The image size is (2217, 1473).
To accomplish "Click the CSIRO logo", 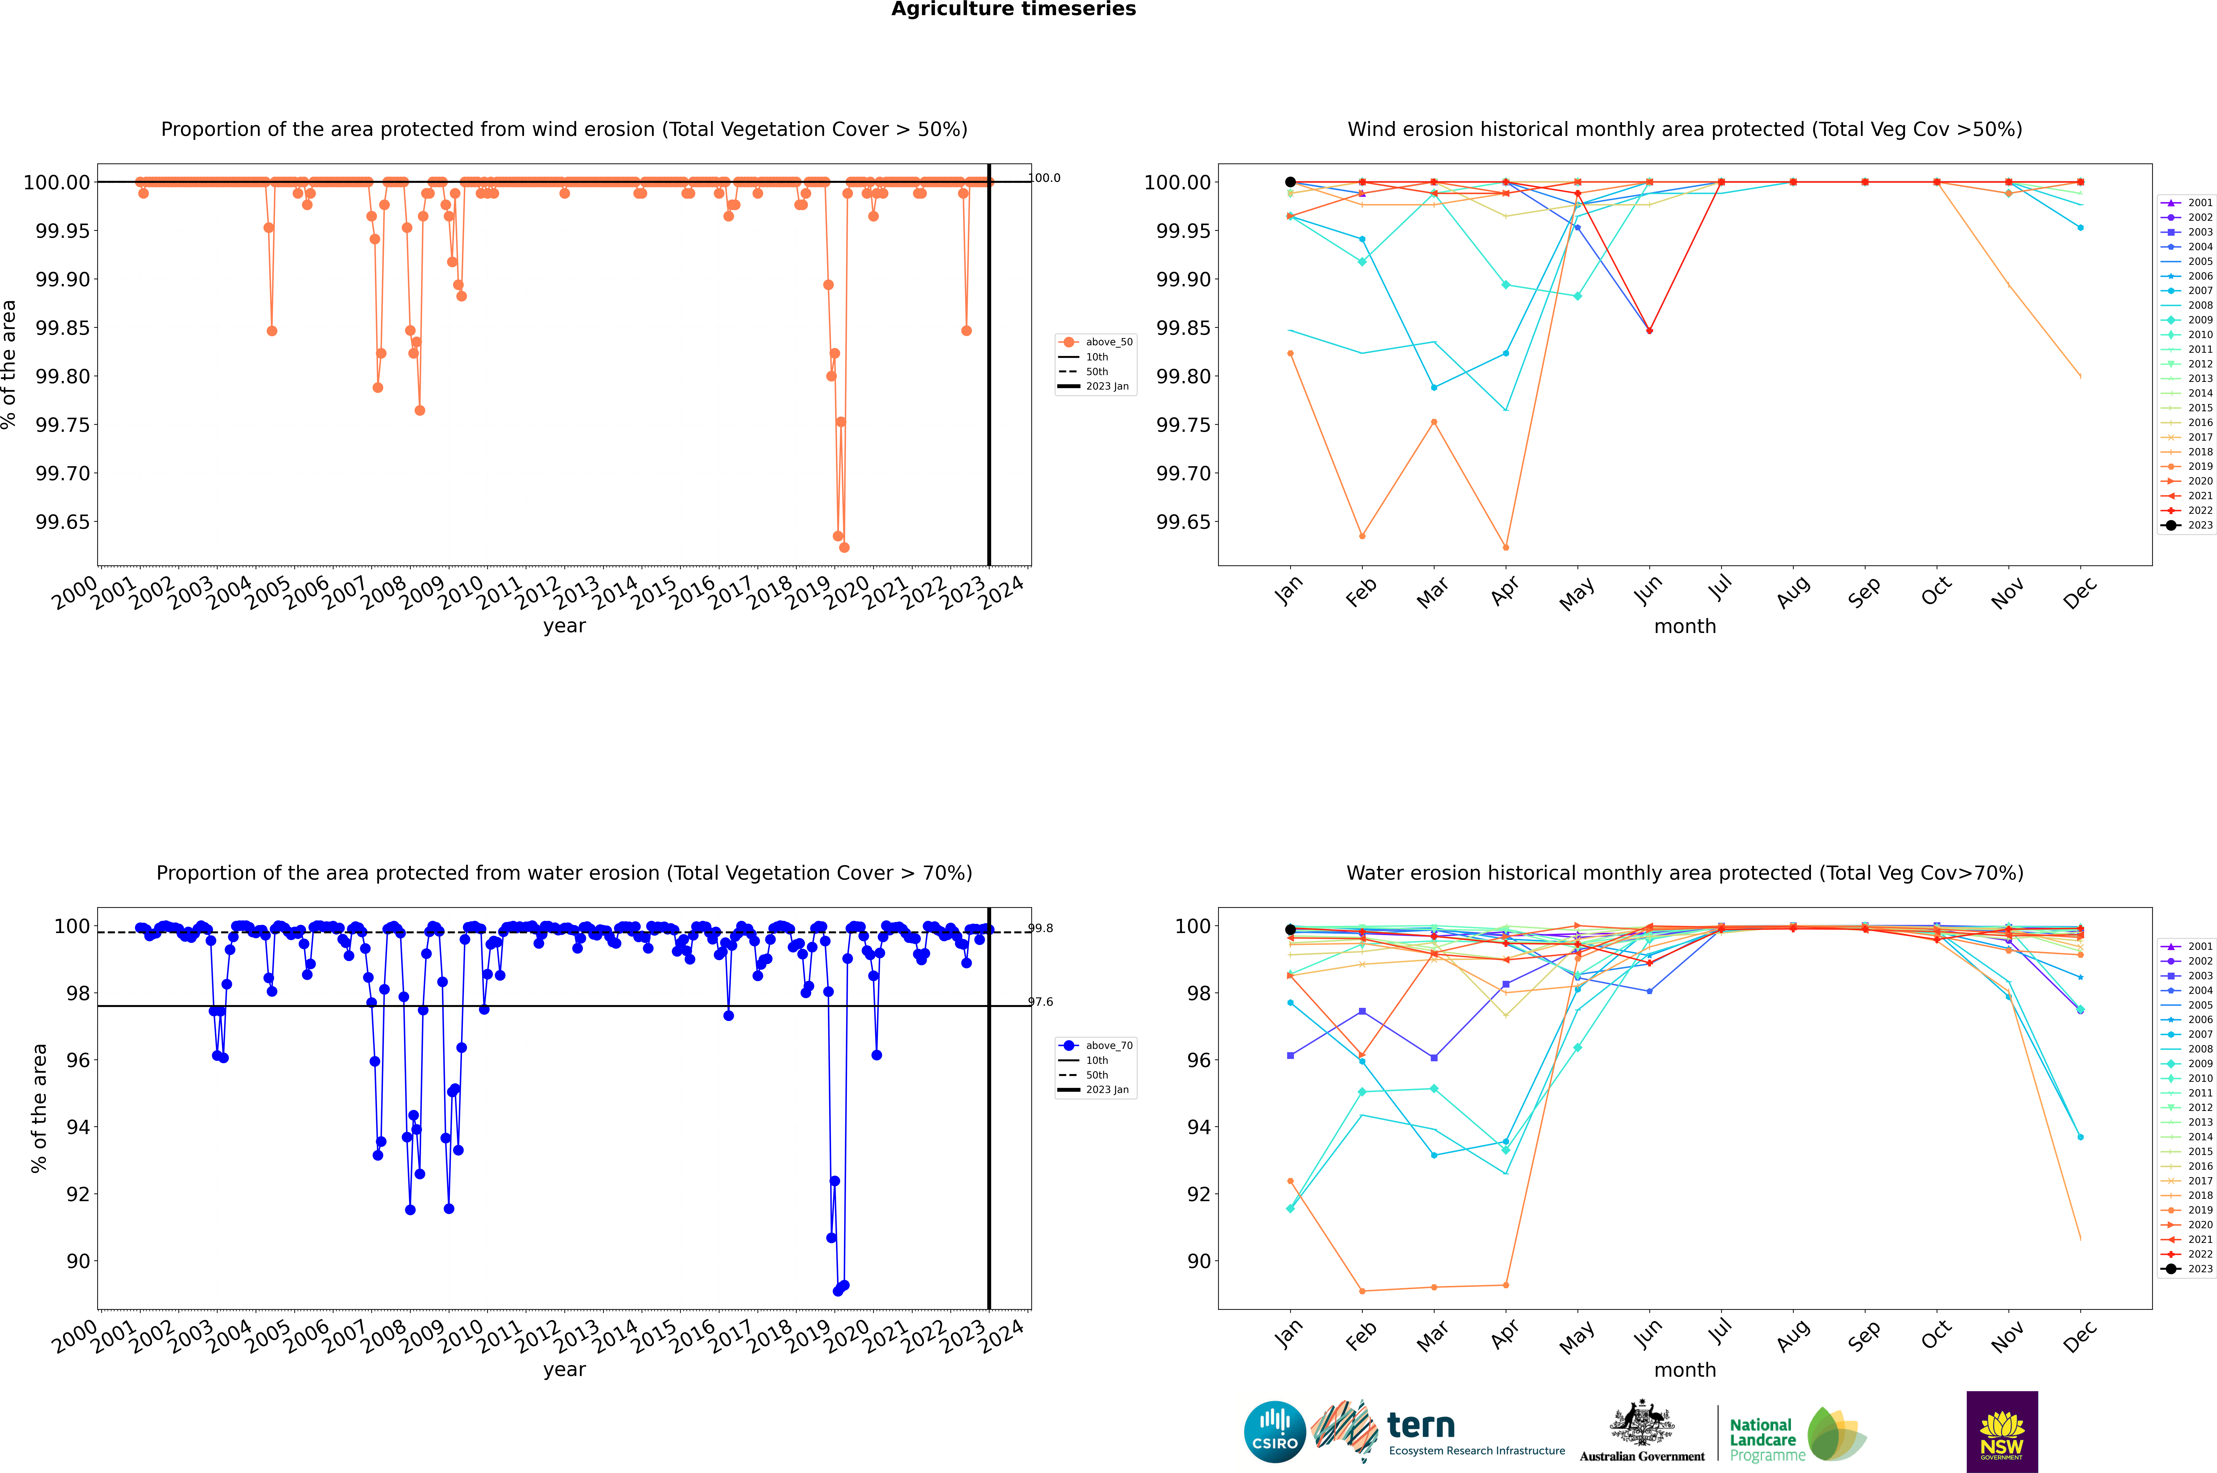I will (1274, 1432).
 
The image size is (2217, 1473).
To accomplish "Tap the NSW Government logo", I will (2002, 1432).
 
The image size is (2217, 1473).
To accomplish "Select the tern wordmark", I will (1421, 1426).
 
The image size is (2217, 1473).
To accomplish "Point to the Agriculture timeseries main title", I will (1013, 9).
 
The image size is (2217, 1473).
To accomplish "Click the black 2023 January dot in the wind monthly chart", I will (1290, 182).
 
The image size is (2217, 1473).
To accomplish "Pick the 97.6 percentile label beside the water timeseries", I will (1040, 1002).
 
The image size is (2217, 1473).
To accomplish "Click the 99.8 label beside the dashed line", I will (1040, 928).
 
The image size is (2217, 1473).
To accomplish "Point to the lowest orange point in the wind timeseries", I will (844, 548).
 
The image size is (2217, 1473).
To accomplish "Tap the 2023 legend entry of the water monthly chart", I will (2199, 1269).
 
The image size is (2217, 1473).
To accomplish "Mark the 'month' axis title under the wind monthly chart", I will (1685, 627).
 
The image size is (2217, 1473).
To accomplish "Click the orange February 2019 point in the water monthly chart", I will (1362, 1291).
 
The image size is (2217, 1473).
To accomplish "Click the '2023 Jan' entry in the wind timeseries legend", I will (1107, 386).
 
